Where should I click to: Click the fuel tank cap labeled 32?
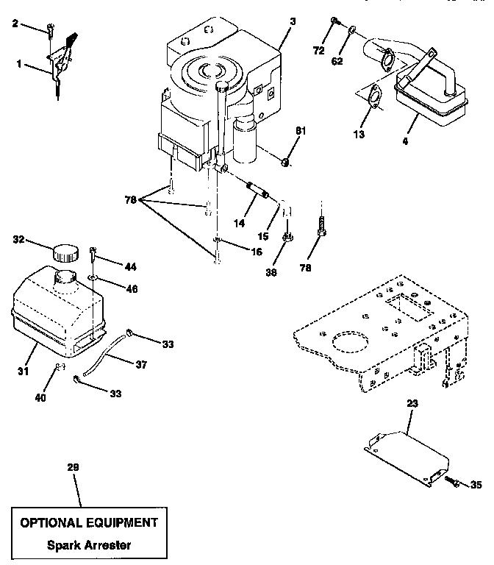click(x=64, y=253)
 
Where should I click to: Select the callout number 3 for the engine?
click(x=293, y=21)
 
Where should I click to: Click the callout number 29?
click(x=72, y=467)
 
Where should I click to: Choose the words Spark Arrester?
click(x=88, y=546)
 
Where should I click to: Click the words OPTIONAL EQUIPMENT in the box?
click(x=88, y=523)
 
